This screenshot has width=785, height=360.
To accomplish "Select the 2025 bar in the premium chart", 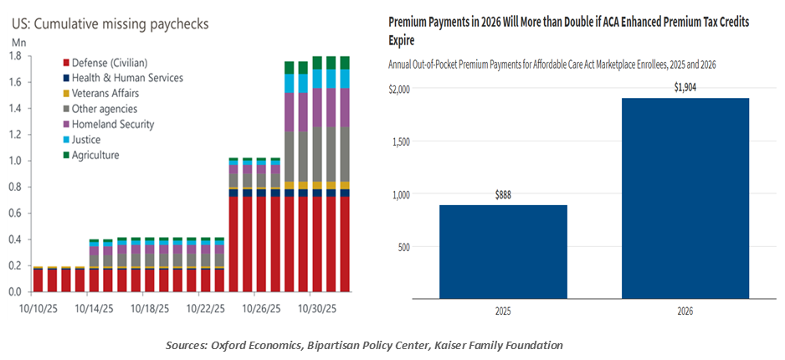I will (503, 252).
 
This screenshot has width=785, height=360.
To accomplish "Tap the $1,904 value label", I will (685, 87).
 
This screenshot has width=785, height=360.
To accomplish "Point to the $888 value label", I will (503, 194).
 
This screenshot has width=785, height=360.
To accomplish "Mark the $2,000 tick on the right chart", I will (403, 89).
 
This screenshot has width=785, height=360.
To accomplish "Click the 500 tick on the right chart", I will (408, 247).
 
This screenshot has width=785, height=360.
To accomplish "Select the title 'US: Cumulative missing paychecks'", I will (109, 19).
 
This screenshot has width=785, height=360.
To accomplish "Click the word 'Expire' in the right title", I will (405, 39).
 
